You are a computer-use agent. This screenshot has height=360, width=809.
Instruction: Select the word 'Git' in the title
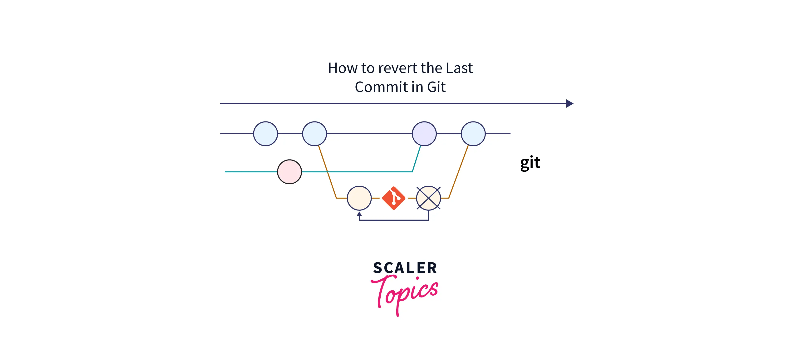(x=436, y=87)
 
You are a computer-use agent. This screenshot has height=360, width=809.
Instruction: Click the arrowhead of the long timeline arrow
(x=569, y=104)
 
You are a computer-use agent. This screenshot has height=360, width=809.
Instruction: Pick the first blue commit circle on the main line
(x=265, y=134)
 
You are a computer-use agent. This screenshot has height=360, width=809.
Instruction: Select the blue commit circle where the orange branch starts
(x=314, y=134)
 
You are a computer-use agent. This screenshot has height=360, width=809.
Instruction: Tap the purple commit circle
(x=424, y=134)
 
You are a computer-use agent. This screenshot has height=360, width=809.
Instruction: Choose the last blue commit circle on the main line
(x=473, y=134)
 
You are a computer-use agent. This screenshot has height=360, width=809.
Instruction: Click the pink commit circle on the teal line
(x=289, y=172)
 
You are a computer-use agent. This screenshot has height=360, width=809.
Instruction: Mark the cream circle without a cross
(x=359, y=198)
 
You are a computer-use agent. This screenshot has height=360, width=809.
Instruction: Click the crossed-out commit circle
(x=428, y=198)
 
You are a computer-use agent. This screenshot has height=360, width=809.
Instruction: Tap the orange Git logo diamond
(x=393, y=198)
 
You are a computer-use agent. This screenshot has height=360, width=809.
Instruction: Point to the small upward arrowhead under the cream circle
(x=359, y=214)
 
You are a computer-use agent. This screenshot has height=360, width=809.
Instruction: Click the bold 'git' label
(x=530, y=163)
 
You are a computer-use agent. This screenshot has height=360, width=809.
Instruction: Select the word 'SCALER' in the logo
(x=405, y=268)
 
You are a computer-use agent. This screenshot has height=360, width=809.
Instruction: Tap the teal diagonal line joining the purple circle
(x=417, y=159)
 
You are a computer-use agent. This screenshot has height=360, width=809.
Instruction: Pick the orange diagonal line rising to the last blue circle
(x=459, y=172)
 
